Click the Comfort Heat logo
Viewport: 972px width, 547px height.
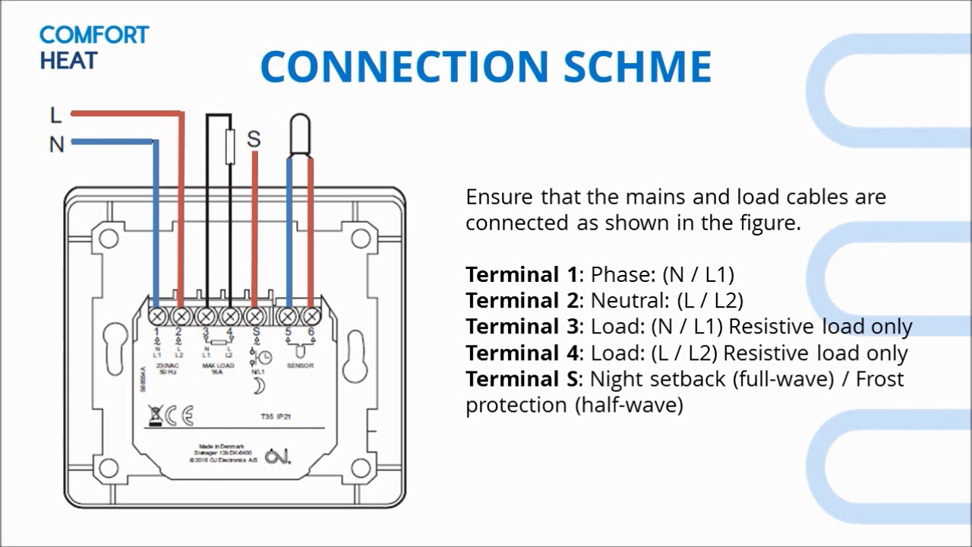(93, 47)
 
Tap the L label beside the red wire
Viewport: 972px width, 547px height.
(55, 115)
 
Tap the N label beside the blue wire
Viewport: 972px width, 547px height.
(56, 144)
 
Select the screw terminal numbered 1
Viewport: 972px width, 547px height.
(157, 316)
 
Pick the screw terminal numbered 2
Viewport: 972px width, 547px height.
(181, 316)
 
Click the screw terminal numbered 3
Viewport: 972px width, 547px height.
(206, 316)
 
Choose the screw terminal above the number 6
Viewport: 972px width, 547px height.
(311, 316)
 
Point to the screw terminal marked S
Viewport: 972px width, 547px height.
(256, 316)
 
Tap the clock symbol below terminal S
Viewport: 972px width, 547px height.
(264, 359)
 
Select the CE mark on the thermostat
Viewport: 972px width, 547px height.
(181, 416)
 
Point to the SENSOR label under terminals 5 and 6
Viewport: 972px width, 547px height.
(299, 366)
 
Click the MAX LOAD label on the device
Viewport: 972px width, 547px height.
(219, 366)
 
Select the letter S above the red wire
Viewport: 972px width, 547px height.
(254, 139)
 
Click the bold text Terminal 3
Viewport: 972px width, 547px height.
(521, 327)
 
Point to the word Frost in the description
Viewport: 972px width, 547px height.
(879, 379)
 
